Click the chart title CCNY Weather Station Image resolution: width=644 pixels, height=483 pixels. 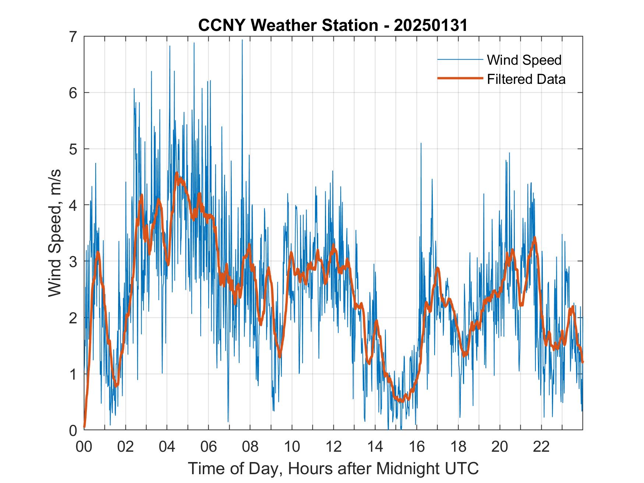(333, 25)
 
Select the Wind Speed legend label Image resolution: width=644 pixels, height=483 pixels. (524, 60)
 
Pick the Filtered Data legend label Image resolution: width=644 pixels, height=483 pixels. (526, 79)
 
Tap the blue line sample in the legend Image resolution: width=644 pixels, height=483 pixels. (460, 60)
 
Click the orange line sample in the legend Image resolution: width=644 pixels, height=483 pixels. (460, 78)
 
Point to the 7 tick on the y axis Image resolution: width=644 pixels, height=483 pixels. (74, 36)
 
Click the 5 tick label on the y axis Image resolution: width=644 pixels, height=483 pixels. (74, 149)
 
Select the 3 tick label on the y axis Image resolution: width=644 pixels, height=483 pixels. (74, 261)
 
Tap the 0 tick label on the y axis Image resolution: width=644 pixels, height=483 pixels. (74, 430)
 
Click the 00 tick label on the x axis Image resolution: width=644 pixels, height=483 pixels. (84, 447)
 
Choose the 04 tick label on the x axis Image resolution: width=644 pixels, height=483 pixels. (167, 447)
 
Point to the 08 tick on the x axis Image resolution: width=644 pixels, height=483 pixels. (250, 447)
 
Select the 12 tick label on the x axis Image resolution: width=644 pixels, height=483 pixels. (333, 447)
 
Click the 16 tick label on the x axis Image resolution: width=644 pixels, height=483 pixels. (417, 447)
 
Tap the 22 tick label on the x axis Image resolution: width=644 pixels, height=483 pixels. (541, 447)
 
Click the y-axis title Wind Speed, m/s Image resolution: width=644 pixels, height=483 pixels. (55, 233)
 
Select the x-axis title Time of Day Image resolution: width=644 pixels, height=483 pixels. (333, 468)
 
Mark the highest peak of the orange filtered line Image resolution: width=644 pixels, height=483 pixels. (177, 173)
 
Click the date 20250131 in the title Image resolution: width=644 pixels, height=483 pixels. (431, 25)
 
